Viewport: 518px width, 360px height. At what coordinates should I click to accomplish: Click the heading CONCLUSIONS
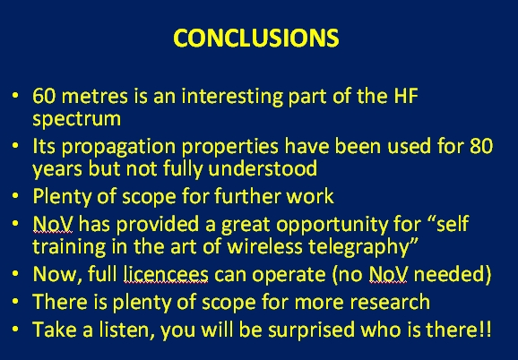(256, 38)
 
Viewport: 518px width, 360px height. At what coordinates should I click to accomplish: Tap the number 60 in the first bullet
(44, 96)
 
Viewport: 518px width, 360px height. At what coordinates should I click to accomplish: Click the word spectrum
(77, 119)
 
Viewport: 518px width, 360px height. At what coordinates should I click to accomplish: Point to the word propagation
(118, 147)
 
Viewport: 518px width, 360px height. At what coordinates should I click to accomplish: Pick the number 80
(481, 146)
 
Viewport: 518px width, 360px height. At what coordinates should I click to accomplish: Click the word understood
(263, 168)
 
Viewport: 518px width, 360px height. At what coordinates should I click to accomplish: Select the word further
(247, 196)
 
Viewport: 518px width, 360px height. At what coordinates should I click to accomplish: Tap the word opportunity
(332, 226)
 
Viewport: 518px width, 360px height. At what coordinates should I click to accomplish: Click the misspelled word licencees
(166, 274)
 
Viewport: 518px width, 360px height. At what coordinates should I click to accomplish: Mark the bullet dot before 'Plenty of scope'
(15, 195)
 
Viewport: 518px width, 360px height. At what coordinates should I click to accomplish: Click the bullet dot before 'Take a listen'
(15, 329)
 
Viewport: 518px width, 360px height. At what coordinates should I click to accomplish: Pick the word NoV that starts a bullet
(53, 225)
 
